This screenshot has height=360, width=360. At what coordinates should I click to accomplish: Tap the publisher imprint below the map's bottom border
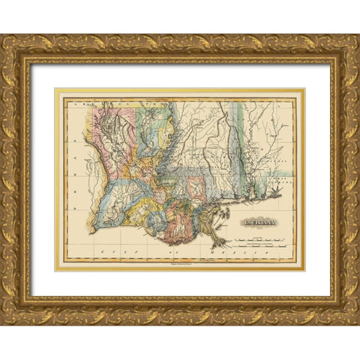pos(180,265)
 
